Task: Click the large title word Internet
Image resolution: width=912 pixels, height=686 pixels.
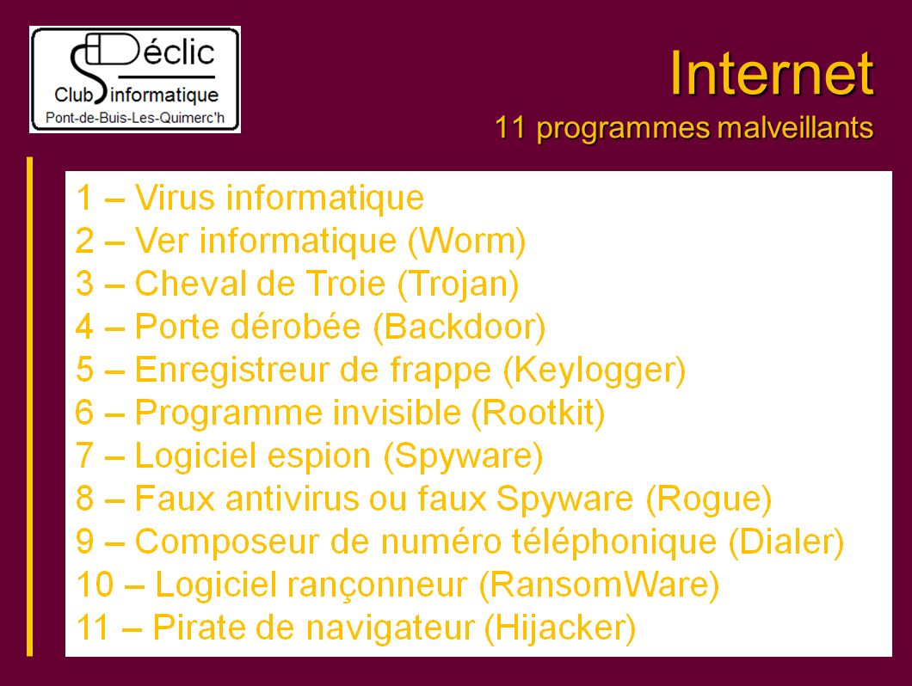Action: point(772,74)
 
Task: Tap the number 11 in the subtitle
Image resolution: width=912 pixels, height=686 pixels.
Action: point(509,128)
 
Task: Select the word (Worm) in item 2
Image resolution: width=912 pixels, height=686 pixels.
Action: point(466,242)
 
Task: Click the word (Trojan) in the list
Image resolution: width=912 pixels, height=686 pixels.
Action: point(459,285)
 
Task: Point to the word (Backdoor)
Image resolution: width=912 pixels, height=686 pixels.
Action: point(459,328)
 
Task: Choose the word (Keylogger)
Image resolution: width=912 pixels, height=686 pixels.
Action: point(594,371)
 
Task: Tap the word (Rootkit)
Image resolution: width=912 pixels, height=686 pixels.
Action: point(538,413)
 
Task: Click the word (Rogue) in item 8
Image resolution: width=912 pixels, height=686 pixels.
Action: point(709,499)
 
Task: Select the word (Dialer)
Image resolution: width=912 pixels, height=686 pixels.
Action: point(786,542)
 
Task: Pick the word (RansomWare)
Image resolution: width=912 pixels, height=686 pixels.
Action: point(599,585)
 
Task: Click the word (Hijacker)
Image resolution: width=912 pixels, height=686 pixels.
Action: point(560,628)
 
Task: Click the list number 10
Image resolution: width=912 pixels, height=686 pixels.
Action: point(95,585)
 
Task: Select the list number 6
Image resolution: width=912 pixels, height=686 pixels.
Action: point(84,413)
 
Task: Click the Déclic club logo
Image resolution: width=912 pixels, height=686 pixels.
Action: point(135,80)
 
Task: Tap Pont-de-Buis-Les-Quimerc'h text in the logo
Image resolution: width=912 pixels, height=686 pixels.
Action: point(135,118)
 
